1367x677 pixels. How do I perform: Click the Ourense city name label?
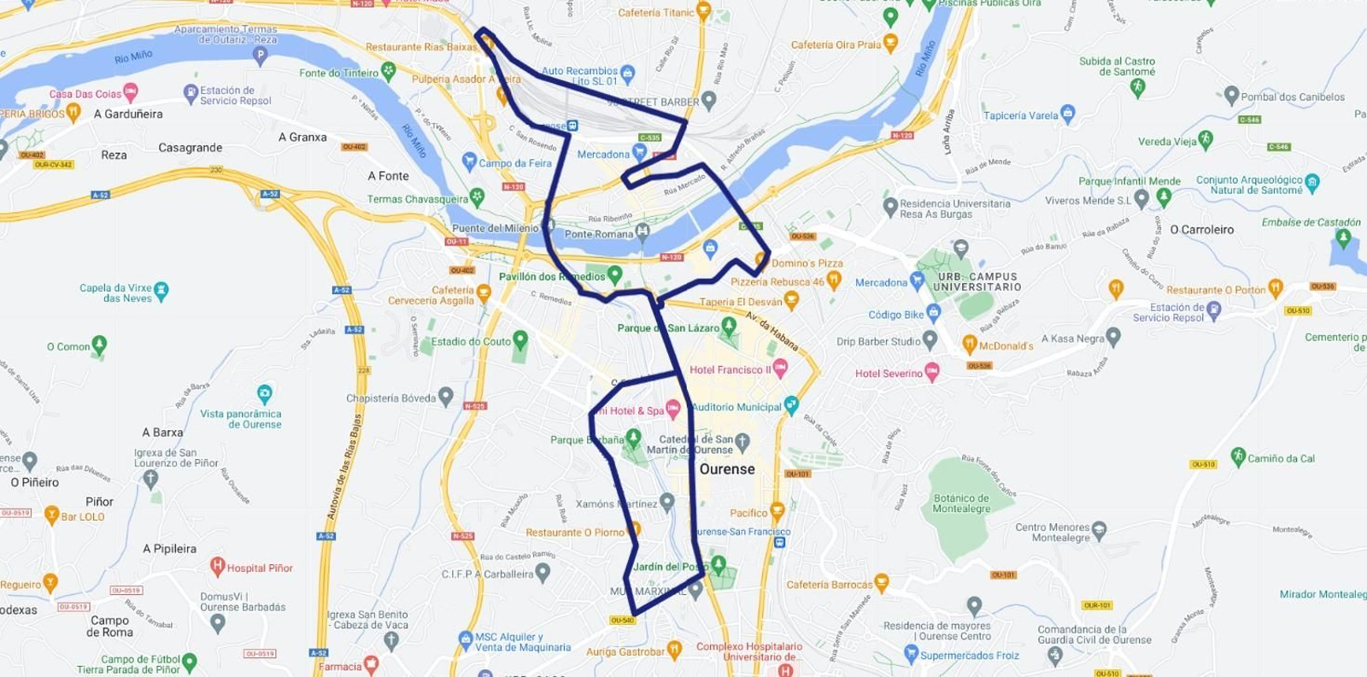pyautogui.click(x=727, y=469)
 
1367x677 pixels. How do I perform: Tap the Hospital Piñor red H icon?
pyautogui.click(x=217, y=566)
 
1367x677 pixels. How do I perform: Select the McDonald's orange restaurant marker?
pyautogui.click(x=969, y=344)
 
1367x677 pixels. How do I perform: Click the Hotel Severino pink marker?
pyautogui.click(x=932, y=372)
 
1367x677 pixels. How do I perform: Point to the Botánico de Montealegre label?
pyautogui.click(x=961, y=503)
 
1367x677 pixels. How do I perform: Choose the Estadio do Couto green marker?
pyautogui.click(x=519, y=340)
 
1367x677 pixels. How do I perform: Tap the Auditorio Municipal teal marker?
pyautogui.click(x=791, y=405)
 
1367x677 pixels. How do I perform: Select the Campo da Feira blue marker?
pyautogui.click(x=468, y=161)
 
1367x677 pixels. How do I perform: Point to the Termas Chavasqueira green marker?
pyautogui.click(x=477, y=197)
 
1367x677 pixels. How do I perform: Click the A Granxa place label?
pyautogui.click(x=302, y=137)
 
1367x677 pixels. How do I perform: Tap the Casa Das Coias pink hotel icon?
pyautogui.click(x=131, y=91)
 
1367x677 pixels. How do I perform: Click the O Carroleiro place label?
pyautogui.click(x=1201, y=230)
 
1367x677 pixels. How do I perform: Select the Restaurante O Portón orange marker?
pyautogui.click(x=1276, y=287)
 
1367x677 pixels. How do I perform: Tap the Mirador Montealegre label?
pyautogui.click(x=1323, y=595)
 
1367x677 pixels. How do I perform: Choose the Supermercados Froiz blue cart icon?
pyautogui.click(x=911, y=654)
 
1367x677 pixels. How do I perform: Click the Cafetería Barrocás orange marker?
pyautogui.click(x=882, y=583)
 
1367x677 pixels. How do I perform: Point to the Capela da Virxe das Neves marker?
pyautogui.click(x=161, y=290)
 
